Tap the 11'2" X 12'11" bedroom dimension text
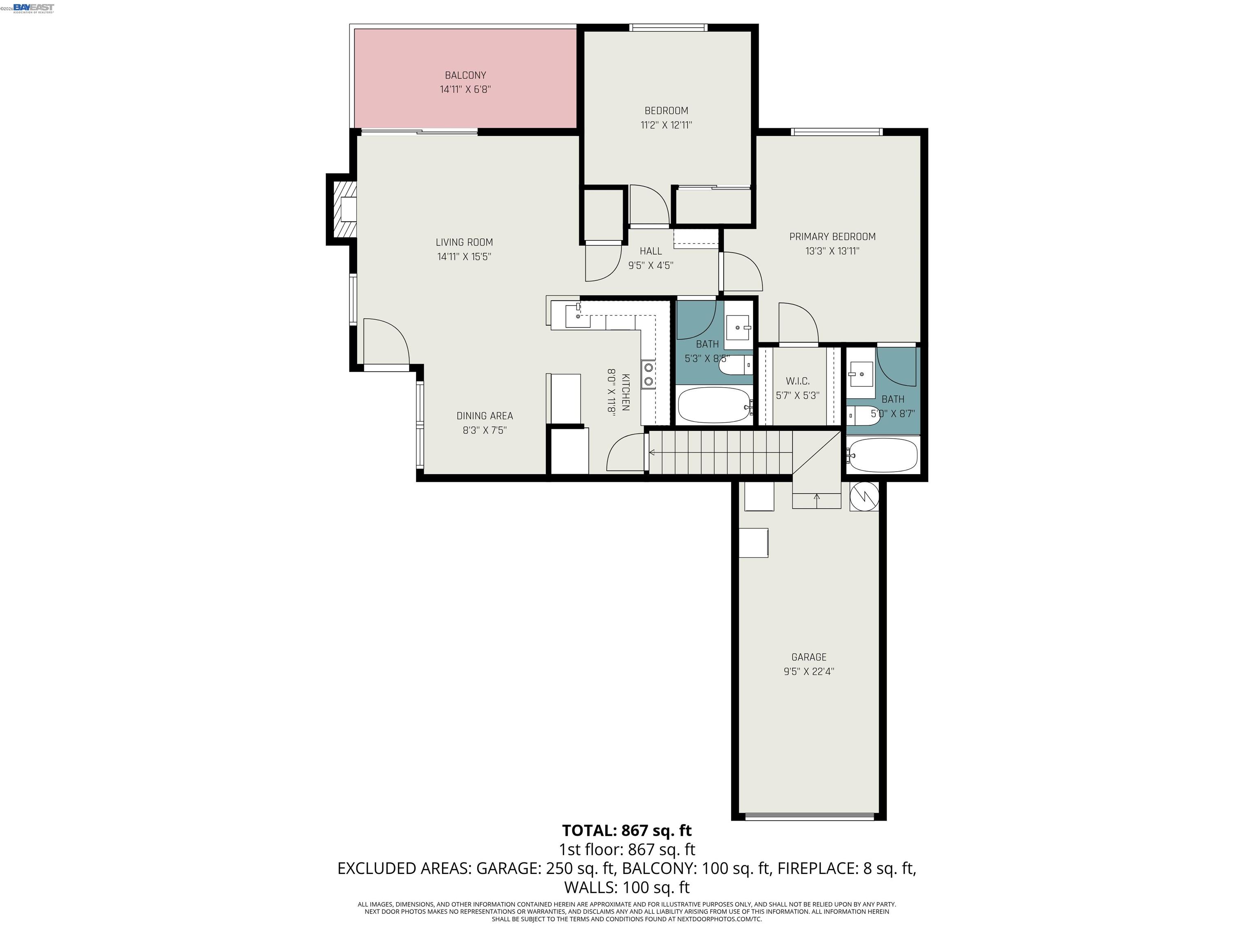(x=666, y=125)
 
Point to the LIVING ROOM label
(x=464, y=242)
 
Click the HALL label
(x=650, y=251)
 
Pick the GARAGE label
(x=808, y=657)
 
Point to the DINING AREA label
(x=484, y=416)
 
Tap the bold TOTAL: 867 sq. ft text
(x=627, y=831)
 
